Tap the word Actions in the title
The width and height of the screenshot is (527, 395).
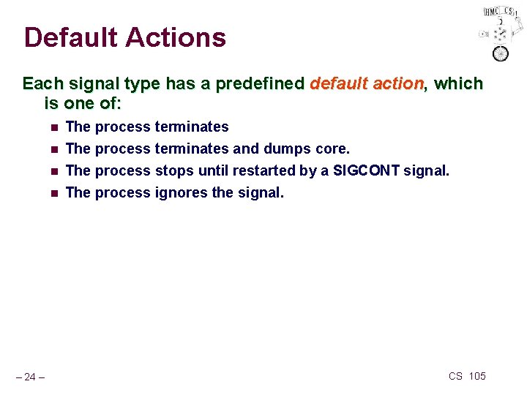178,37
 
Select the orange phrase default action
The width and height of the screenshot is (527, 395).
367,83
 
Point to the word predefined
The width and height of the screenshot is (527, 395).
261,83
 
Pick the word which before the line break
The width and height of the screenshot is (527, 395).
458,83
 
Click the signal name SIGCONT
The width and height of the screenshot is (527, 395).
366,171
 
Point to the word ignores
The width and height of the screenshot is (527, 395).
181,193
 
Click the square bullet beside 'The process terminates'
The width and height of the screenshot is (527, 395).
53,127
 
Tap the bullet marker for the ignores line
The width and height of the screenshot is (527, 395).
53,194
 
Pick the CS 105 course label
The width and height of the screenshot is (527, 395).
467,376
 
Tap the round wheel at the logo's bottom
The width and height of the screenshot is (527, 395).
501,53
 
